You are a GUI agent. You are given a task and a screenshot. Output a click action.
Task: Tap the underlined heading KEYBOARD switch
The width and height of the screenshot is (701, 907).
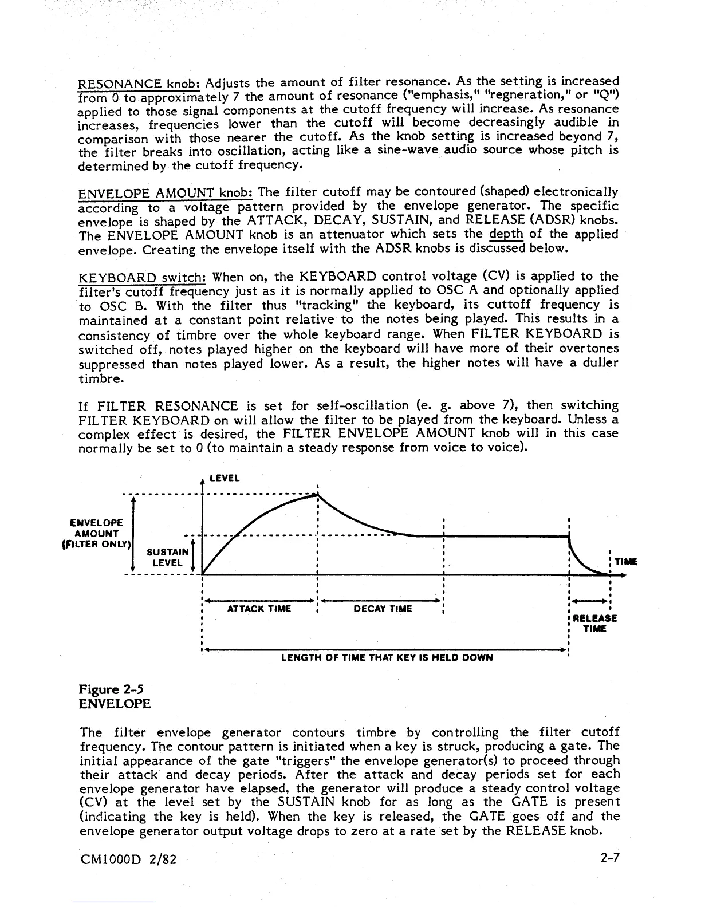142,277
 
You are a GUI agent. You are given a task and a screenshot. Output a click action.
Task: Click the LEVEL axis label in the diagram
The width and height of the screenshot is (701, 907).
225,478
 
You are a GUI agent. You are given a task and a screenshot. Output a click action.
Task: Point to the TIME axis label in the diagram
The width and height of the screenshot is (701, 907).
625,562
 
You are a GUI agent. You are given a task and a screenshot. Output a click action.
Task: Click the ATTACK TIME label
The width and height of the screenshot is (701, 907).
259,609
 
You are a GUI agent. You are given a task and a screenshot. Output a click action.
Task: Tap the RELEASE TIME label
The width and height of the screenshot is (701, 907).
594,624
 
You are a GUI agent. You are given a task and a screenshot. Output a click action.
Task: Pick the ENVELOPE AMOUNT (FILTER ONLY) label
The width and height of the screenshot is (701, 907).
96,533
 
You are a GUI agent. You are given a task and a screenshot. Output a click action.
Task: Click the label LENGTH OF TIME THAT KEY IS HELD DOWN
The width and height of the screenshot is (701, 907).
387,657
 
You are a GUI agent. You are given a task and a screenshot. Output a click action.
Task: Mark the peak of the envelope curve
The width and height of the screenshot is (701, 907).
317,495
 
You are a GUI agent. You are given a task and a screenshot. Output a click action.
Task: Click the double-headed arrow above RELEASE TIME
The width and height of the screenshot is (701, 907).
590,601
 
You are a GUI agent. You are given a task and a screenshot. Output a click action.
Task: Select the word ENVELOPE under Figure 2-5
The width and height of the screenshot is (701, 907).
114,704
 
